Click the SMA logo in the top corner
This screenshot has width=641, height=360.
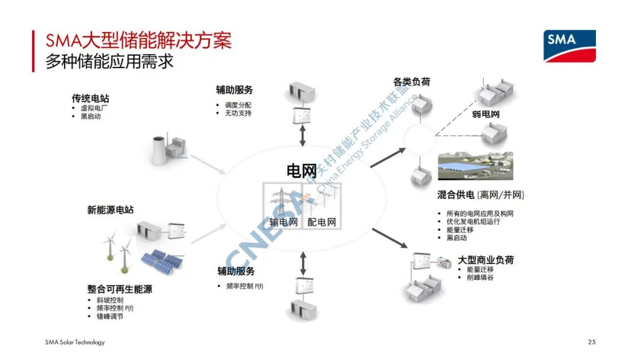569,46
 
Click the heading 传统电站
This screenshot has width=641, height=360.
90,98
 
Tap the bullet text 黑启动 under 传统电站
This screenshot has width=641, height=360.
91,116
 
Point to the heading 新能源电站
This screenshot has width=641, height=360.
110,210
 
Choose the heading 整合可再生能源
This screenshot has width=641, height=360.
119,289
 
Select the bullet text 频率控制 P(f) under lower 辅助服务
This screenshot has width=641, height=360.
245,286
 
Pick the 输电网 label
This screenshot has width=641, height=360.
284,222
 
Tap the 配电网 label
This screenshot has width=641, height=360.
322,222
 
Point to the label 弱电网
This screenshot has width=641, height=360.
485,114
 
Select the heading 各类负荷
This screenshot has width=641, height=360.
411,82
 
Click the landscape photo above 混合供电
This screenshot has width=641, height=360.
475,165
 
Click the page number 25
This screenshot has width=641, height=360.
591,342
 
